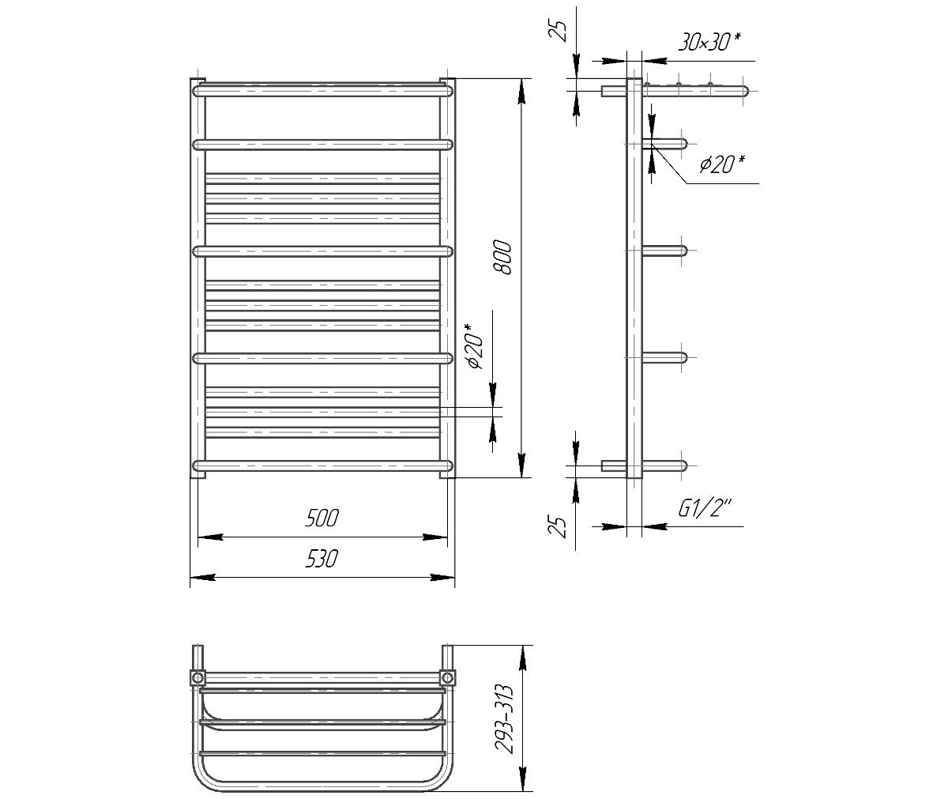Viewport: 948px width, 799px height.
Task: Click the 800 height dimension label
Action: (503, 257)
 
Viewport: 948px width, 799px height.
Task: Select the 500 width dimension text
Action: (322, 518)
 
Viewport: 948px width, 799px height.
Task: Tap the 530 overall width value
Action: (322, 559)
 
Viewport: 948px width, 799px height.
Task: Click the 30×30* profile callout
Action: (709, 42)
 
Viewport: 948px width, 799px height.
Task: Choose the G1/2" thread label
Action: (705, 508)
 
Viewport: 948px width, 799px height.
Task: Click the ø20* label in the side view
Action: (722, 164)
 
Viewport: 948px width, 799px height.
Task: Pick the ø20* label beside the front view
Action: (475, 346)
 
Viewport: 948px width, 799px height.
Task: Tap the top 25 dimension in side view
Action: (561, 32)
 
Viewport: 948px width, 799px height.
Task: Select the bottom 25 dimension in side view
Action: (561, 526)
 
